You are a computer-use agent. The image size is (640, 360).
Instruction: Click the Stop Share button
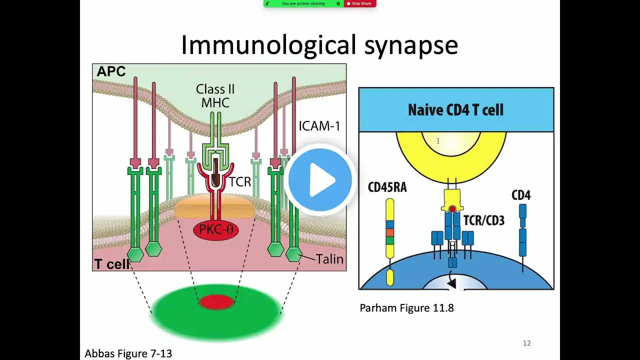359,3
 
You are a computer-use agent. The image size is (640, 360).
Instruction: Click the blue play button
320,180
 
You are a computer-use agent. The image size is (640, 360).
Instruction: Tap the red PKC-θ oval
216,229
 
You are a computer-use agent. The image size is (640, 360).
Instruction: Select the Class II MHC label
215,96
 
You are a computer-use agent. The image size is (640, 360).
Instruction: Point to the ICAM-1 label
319,126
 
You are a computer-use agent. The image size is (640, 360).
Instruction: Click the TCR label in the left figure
240,182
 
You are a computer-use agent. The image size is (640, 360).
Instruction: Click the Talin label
329,259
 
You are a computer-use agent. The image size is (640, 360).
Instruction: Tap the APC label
111,71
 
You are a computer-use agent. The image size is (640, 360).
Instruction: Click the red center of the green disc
216,302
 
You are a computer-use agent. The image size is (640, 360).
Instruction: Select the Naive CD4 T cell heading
455,110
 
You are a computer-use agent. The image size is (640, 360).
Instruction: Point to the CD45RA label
387,187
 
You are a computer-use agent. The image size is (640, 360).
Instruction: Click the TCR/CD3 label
484,220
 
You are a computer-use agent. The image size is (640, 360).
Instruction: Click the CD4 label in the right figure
521,195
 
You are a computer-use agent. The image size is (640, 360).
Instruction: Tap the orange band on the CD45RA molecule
390,232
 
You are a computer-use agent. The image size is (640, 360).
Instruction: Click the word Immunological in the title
269,45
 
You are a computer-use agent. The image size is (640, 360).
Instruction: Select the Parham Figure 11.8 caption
406,308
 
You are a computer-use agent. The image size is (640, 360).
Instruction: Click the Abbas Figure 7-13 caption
128,353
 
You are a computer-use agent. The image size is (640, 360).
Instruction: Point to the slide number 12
526,343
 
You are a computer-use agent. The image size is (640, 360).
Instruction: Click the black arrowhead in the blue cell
451,283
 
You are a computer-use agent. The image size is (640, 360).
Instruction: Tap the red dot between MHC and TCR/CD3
452,209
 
